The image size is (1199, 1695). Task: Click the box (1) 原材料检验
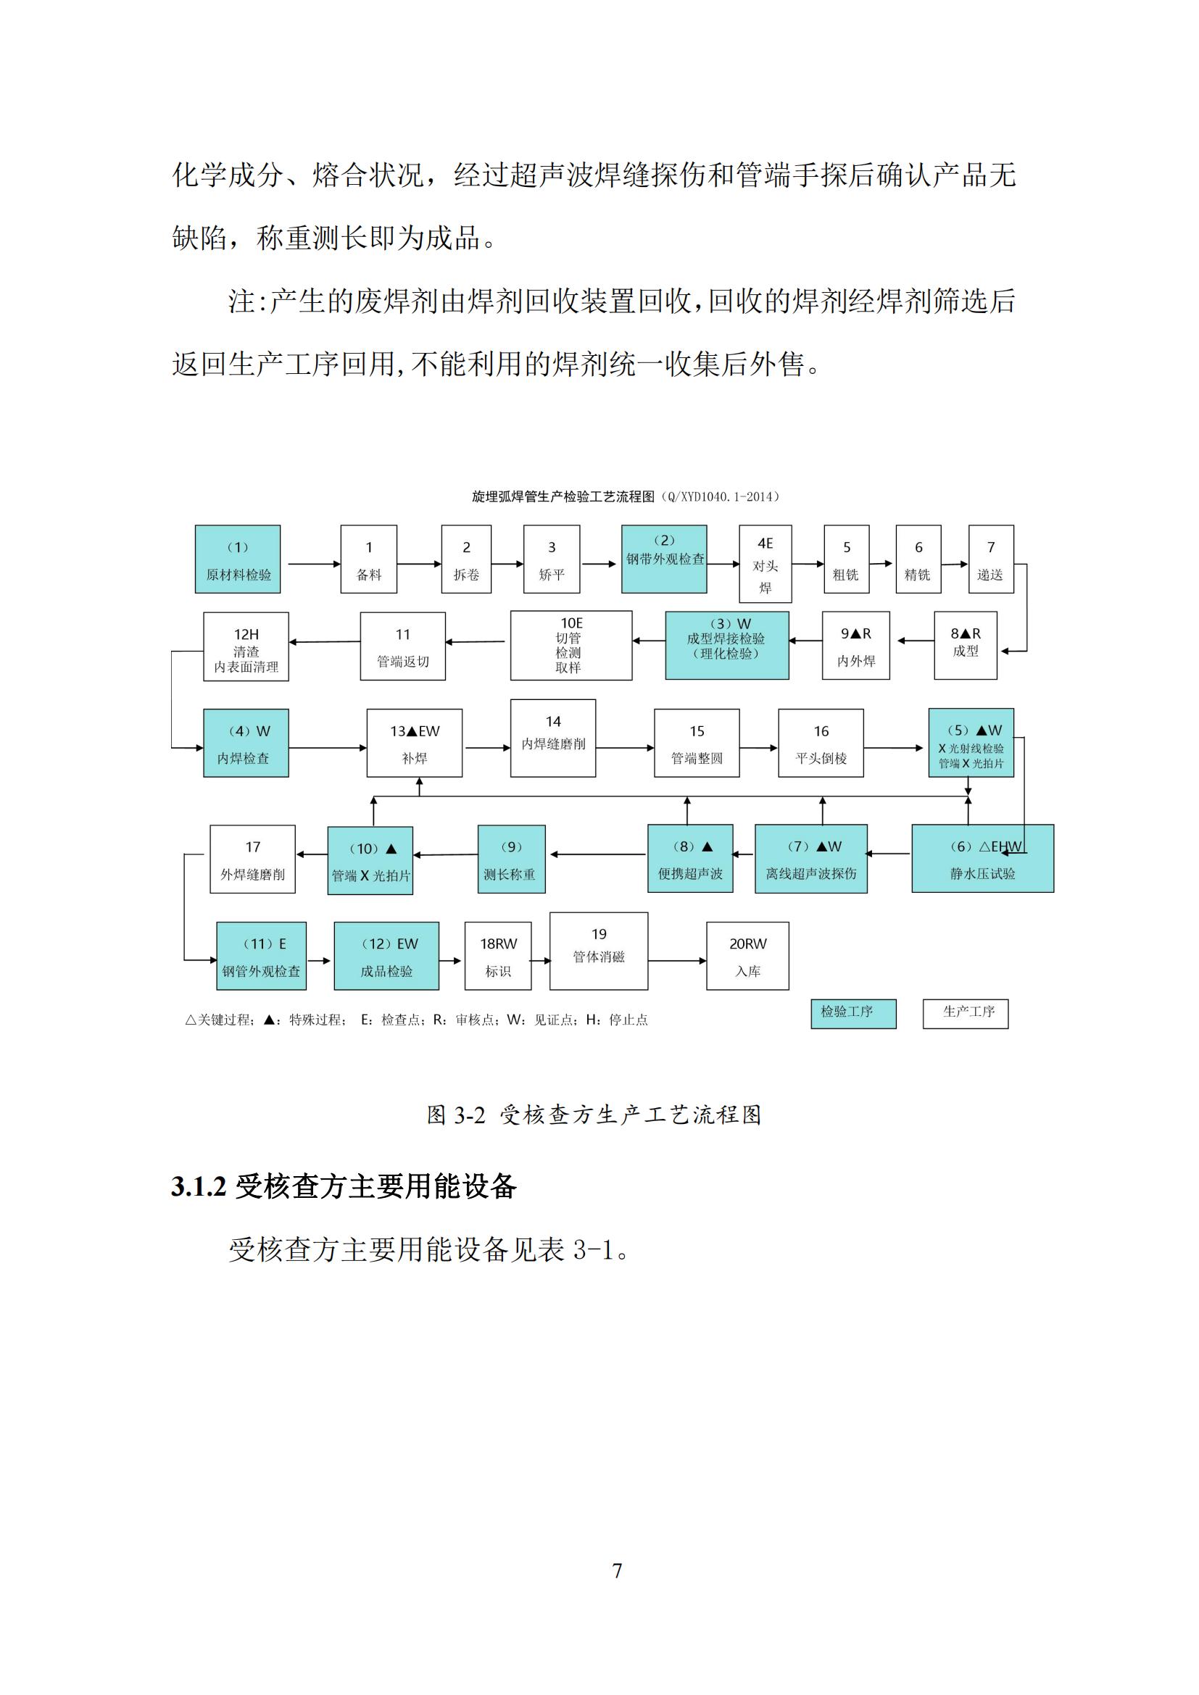237,559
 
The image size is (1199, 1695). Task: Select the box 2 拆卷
466,559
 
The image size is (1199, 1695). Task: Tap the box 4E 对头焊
765,564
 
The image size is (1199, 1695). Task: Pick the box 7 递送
991,559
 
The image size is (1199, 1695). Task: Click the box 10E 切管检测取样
571,645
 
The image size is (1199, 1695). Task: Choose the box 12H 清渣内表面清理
246,646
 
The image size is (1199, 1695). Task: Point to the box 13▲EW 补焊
414,743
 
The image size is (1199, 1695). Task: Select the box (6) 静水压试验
982,859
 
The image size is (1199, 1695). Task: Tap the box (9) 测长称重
511,859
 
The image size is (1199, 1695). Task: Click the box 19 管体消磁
598,951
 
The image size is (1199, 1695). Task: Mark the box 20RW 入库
747,956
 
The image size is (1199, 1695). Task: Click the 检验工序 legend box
852,1014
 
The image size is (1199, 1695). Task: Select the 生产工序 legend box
965,1014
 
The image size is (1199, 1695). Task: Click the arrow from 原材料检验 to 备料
314,564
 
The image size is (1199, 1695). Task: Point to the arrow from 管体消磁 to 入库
677,960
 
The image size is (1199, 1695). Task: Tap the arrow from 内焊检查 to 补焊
327,748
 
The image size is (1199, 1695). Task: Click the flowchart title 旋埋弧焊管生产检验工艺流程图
563,497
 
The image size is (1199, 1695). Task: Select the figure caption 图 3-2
455,1115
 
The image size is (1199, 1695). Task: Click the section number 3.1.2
198,1186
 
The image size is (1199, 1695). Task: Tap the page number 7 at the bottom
617,1571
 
